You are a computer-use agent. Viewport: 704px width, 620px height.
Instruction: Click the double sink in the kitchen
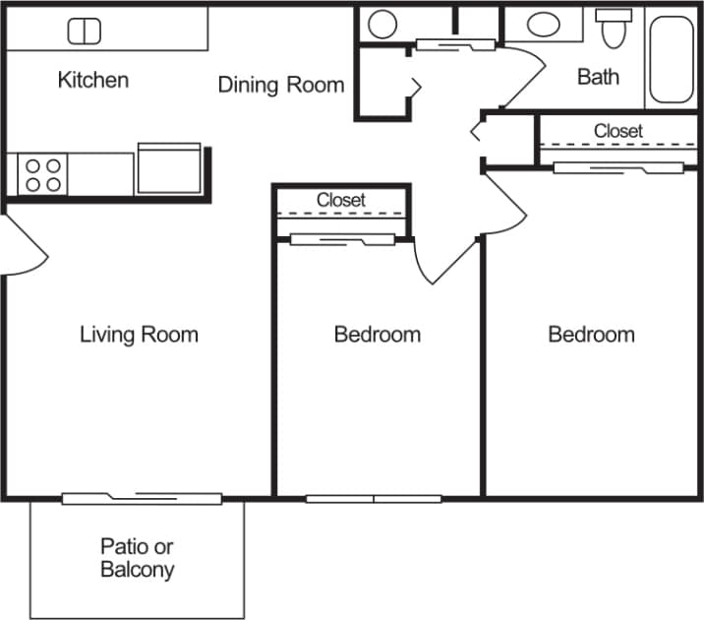(x=85, y=31)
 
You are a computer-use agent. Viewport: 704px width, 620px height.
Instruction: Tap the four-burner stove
(x=41, y=175)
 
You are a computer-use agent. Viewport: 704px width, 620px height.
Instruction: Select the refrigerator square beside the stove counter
(x=170, y=167)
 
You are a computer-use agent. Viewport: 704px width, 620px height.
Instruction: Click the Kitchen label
(x=93, y=80)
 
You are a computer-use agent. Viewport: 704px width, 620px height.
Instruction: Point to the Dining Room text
(x=281, y=85)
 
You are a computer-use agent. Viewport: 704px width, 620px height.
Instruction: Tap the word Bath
(x=598, y=77)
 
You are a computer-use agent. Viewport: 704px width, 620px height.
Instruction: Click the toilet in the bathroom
(x=615, y=29)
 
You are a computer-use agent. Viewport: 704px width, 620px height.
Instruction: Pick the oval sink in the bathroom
(x=543, y=25)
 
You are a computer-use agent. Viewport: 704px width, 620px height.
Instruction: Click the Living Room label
(x=139, y=335)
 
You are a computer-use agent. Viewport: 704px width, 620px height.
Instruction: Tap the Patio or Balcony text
(x=138, y=558)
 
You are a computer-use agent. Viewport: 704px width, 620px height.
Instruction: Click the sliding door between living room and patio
(x=142, y=498)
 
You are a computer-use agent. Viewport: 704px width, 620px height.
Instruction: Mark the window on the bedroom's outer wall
(x=374, y=498)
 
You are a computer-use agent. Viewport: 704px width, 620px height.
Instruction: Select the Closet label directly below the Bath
(x=617, y=131)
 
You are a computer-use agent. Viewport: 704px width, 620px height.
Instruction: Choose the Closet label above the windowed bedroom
(x=341, y=200)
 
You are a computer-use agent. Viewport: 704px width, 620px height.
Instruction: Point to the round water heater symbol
(x=382, y=24)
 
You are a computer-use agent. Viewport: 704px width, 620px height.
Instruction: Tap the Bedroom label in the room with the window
(x=378, y=335)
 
